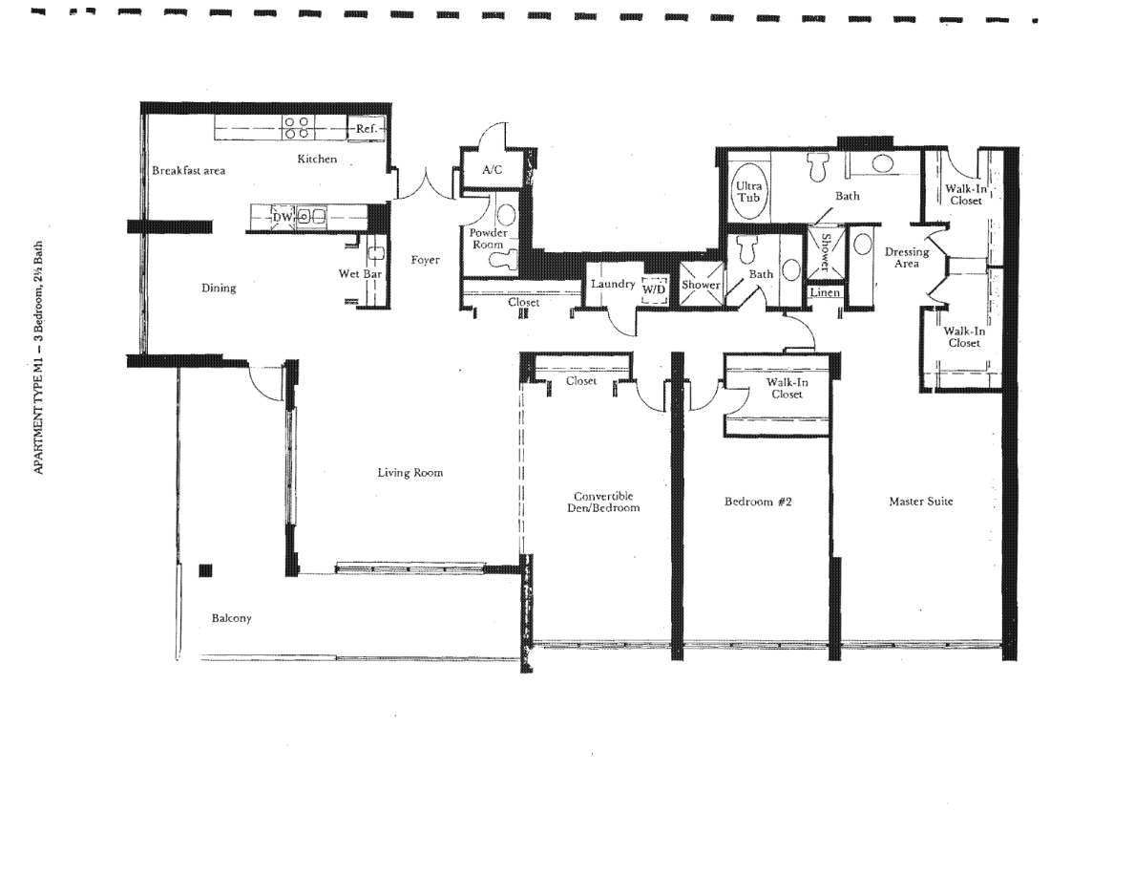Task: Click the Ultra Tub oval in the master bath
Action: pyautogui.click(x=749, y=192)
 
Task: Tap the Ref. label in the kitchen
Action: pyautogui.click(x=367, y=129)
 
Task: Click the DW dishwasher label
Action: pyautogui.click(x=282, y=217)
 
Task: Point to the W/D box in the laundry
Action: pyautogui.click(x=654, y=289)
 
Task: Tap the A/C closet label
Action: pyautogui.click(x=492, y=170)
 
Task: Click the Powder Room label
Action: pyautogui.click(x=488, y=239)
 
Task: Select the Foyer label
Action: pyautogui.click(x=426, y=260)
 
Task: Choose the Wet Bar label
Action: pyautogui.click(x=360, y=273)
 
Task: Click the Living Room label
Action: pyautogui.click(x=410, y=473)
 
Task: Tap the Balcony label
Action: pyautogui.click(x=231, y=618)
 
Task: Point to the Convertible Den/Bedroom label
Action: pyautogui.click(x=603, y=502)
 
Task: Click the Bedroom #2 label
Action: pyautogui.click(x=758, y=502)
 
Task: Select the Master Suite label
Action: pyautogui.click(x=920, y=501)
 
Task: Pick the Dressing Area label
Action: pyautogui.click(x=907, y=258)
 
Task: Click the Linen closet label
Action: pyautogui.click(x=825, y=292)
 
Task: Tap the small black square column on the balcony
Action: pyautogui.click(x=205, y=570)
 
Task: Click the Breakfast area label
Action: pyautogui.click(x=189, y=171)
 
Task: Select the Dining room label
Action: pyautogui.click(x=219, y=288)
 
